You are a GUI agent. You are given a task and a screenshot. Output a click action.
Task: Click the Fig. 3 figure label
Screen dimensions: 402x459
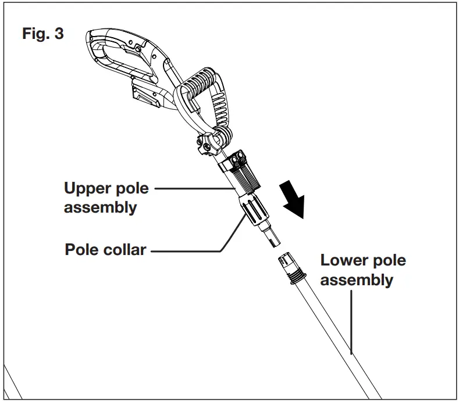[x=43, y=34]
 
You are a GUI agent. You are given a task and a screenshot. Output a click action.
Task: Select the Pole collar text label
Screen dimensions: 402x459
[x=105, y=250]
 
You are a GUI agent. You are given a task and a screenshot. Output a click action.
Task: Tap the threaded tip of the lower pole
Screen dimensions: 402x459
[x=291, y=264]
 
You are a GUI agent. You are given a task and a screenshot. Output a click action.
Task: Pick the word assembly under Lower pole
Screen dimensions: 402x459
[x=357, y=280]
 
